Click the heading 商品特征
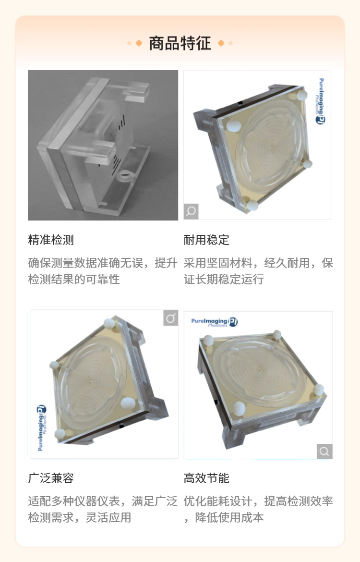coord(180,43)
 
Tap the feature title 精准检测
coord(51,240)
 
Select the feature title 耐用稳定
coord(206,240)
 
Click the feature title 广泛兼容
coord(51,478)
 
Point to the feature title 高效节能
coord(206,478)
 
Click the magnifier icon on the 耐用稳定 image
coord(191,211)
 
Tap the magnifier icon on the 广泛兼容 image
coord(171,318)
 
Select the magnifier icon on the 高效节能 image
coord(324,451)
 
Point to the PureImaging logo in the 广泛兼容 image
coord(41,428)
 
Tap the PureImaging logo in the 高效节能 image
coord(214,322)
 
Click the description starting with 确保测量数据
coord(102,271)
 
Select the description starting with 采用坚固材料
coord(258,271)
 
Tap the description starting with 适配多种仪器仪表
coord(102,509)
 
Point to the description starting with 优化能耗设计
coord(258,509)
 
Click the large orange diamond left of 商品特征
coord(139,43)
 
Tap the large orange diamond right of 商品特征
coord(221,43)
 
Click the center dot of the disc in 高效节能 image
coord(259,368)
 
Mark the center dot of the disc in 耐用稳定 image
coord(272,146)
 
